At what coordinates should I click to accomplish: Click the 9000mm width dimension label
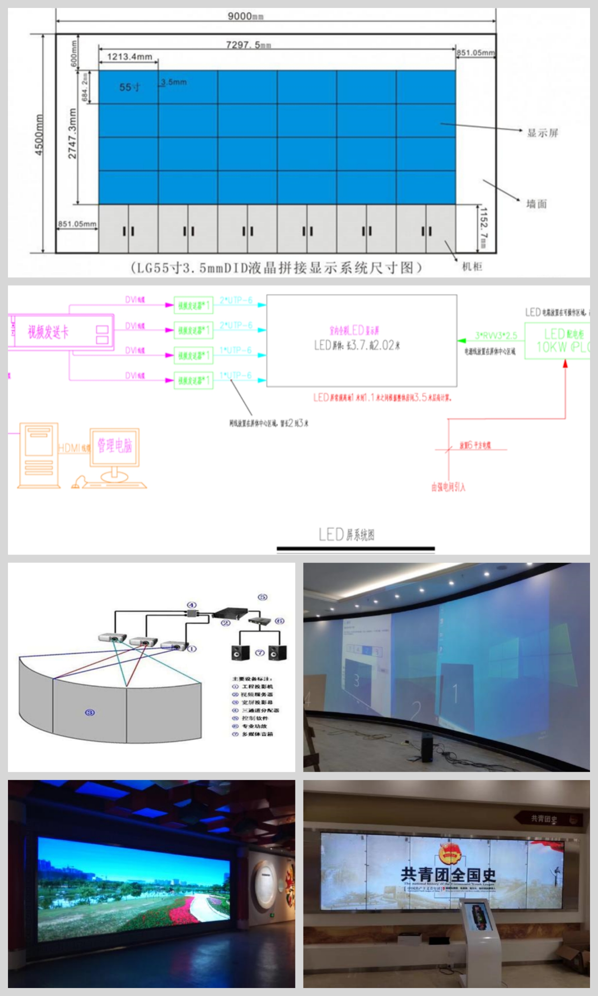pyautogui.click(x=245, y=16)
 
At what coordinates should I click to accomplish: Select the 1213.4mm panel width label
pyautogui.click(x=129, y=57)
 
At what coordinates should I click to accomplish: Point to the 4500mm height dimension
pyautogui.click(x=39, y=135)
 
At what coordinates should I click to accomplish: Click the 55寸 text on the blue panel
pyautogui.click(x=130, y=87)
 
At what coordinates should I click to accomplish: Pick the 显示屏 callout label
pyautogui.click(x=543, y=133)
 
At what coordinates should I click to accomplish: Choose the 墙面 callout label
pyautogui.click(x=536, y=204)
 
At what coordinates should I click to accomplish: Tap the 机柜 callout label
pyautogui.click(x=472, y=266)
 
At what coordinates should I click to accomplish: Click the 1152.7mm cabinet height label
pyautogui.click(x=484, y=228)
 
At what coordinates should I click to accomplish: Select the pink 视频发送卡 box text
pyautogui.click(x=48, y=332)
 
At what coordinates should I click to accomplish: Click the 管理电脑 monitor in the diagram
pyautogui.click(x=114, y=446)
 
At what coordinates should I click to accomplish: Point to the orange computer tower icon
pyautogui.click(x=39, y=455)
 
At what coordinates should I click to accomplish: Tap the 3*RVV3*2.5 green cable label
pyautogui.click(x=496, y=335)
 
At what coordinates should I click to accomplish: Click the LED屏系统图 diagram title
pyautogui.click(x=346, y=535)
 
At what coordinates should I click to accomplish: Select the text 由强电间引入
pyautogui.click(x=448, y=487)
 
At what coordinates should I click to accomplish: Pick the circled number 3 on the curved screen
pyautogui.click(x=90, y=713)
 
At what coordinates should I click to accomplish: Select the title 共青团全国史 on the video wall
pyautogui.click(x=448, y=874)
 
